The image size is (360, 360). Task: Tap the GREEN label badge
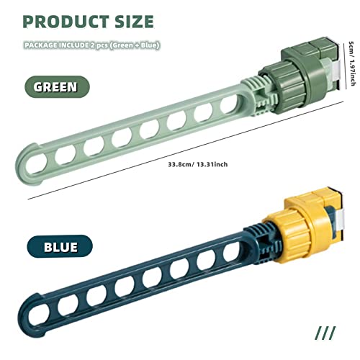coord(57,86)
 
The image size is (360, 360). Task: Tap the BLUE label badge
coord(60,246)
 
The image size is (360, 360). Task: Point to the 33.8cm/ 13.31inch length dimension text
coord(198,165)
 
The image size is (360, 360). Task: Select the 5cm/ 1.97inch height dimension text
coord(351,63)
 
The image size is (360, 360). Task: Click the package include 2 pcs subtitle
coord(91,45)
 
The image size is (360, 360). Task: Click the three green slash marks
coord(325,333)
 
